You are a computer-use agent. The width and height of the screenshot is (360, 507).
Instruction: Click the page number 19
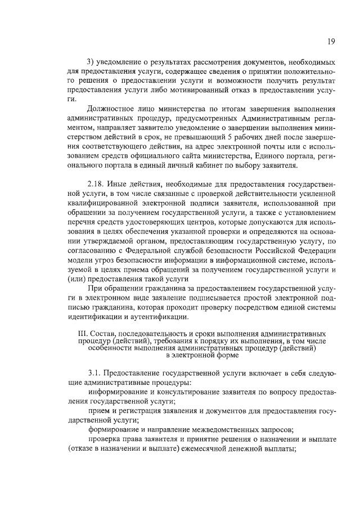pyautogui.click(x=332, y=41)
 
